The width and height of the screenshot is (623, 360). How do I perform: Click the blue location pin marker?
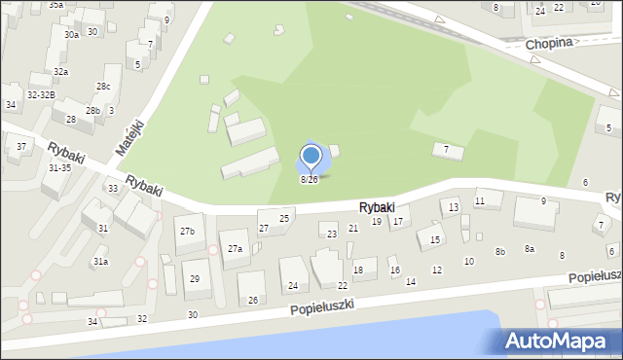point(311,157)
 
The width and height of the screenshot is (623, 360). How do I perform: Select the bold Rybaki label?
point(376,207)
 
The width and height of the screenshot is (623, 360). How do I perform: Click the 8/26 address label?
point(309,180)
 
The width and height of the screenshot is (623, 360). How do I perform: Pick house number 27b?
point(187,231)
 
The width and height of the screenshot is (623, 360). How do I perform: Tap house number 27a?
point(235,249)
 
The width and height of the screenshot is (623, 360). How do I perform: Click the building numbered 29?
point(195,279)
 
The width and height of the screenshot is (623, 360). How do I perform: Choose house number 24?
point(293,286)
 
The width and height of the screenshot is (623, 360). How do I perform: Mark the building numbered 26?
point(253,300)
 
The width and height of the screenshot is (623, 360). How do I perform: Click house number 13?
point(454,208)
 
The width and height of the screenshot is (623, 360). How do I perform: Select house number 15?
point(435,239)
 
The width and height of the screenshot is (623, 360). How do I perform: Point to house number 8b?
point(500,252)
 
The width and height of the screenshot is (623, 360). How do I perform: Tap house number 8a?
point(530,249)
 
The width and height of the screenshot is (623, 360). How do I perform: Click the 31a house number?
point(100,262)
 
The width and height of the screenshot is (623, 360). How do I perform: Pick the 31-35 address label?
point(58,167)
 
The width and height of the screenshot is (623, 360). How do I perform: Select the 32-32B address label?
point(41,94)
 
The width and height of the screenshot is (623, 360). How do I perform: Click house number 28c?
point(102,87)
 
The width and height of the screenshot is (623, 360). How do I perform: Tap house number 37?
point(21,147)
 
